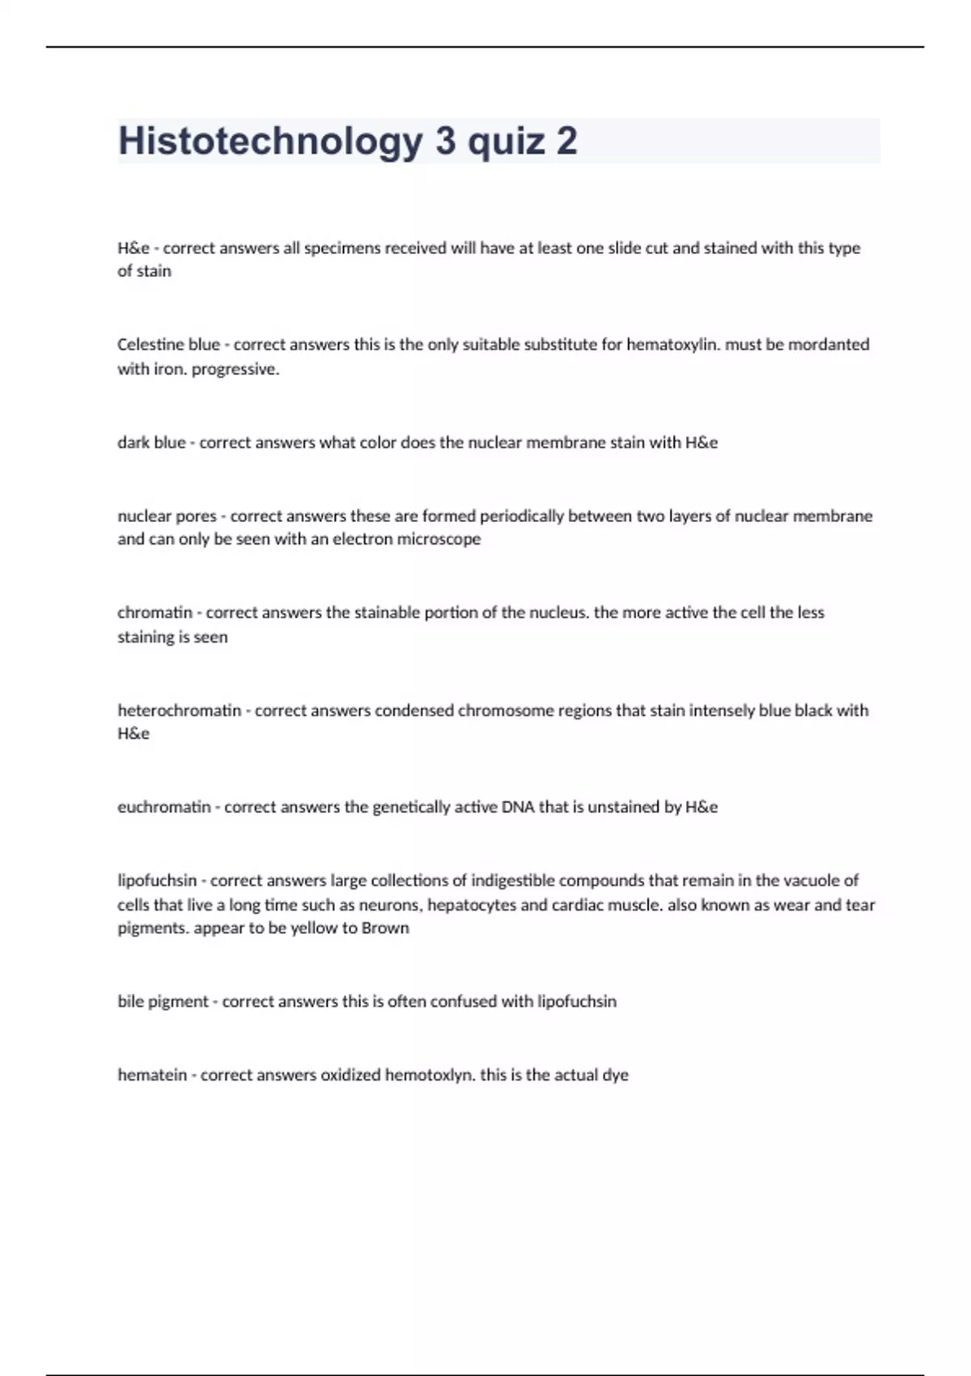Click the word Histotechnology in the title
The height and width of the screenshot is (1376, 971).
(x=270, y=142)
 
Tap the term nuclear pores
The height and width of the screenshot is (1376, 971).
(x=167, y=516)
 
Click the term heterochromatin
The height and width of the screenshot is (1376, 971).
(x=180, y=711)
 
